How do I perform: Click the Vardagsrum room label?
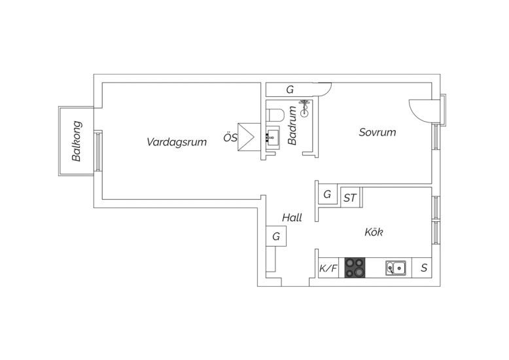pyautogui.click(x=177, y=142)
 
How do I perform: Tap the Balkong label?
pyautogui.click(x=77, y=141)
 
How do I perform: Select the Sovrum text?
pyautogui.click(x=377, y=132)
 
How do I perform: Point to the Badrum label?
pyautogui.click(x=293, y=128)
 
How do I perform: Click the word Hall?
pyautogui.click(x=292, y=217)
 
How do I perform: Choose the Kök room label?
pyautogui.click(x=374, y=232)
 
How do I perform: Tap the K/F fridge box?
pyautogui.click(x=328, y=268)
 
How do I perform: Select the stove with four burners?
pyautogui.click(x=355, y=268)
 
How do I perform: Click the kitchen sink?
pyautogui.click(x=396, y=268)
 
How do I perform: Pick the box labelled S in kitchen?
pyautogui.click(x=424, y=268)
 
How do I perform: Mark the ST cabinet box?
pyautogui.click(x=350, y=197)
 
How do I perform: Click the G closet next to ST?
pyautogui.click(x=327, y=195)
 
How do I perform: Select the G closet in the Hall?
pyautogui.click(x=276, y=236)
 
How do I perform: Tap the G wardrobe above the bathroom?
pyautogui.click(x=290, y=90)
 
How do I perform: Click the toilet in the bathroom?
pyautogui.click(x=274, y=115)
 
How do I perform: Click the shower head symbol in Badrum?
pyautogui.click(x=304, y=108)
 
